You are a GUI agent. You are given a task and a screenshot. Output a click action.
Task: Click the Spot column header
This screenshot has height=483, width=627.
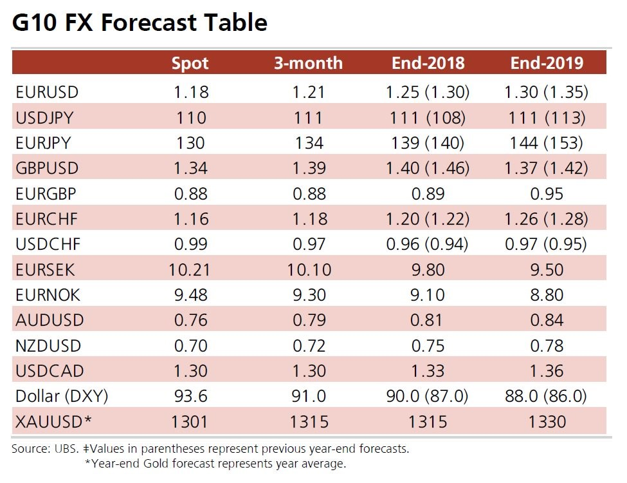(x=190, y=63)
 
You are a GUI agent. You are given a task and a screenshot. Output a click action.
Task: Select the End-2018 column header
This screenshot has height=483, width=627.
(x=428, y=63)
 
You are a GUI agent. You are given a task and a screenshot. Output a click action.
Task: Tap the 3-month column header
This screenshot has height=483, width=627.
(x=309, y=63)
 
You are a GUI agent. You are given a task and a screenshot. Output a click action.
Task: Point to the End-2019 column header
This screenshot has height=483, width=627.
(x=547, y=63)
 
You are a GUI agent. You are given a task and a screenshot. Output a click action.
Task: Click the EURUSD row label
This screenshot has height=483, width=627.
(x=47, y=92)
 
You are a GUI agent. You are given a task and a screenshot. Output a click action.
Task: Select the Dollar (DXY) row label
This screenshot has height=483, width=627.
(x=62, y=397)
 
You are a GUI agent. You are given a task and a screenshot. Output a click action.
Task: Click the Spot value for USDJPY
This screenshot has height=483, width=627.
(x=190, y=117)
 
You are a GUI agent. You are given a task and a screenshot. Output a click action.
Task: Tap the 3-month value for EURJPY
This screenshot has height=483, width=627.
(x=309, y=143)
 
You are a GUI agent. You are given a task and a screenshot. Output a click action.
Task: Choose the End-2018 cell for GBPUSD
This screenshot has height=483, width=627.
(x=428, y=168)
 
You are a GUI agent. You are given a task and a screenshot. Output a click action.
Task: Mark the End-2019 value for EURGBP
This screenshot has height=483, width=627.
(x=547, y=194)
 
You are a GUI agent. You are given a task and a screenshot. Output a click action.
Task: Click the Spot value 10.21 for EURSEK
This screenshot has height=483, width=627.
(x=190, y=270)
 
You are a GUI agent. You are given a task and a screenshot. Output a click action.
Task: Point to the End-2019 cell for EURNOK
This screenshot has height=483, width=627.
(x=547, y=295)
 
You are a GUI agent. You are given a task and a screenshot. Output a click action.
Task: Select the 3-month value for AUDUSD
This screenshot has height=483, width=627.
(x=309, y=320)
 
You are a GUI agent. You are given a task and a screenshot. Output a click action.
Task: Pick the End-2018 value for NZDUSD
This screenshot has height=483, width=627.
(x=428, y=346)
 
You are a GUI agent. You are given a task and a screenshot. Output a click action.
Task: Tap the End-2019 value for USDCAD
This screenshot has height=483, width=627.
(x=547, y=371)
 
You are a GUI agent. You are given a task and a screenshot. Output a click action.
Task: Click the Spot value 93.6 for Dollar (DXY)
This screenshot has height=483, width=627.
(x=190, y=397)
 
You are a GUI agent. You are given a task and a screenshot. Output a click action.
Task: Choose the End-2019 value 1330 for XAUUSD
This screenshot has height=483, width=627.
(x=547, y=422)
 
